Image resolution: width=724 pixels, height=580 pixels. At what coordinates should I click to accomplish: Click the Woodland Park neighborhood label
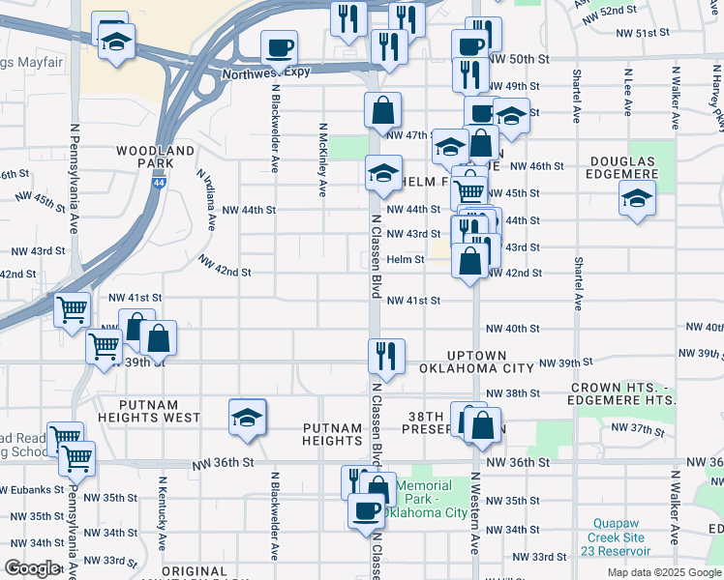pyautogui.click(x=155, y=158)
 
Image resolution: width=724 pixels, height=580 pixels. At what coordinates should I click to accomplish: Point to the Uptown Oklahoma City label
pyautogui.click(x=476, y=362)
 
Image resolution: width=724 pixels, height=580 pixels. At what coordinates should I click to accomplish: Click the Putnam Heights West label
pyautogui.click(x=159, y=412)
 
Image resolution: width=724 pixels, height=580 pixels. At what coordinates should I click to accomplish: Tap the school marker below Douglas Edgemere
pyautogui.click(x=636, y=198)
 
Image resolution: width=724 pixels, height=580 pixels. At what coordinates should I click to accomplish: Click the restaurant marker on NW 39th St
pyautogui.click(x=385, y=355)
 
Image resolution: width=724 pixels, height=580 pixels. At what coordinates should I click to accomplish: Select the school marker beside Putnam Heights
pyautogui.click(x=247, y=416)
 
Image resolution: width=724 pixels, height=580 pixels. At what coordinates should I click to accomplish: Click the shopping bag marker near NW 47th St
pyautogui.click(x=383, y=110)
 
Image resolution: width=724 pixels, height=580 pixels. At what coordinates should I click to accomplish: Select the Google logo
pyautogui.click(x=33, y=568)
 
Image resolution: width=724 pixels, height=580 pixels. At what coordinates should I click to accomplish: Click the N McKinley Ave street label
pyautogui.click(x=322, y=150)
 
